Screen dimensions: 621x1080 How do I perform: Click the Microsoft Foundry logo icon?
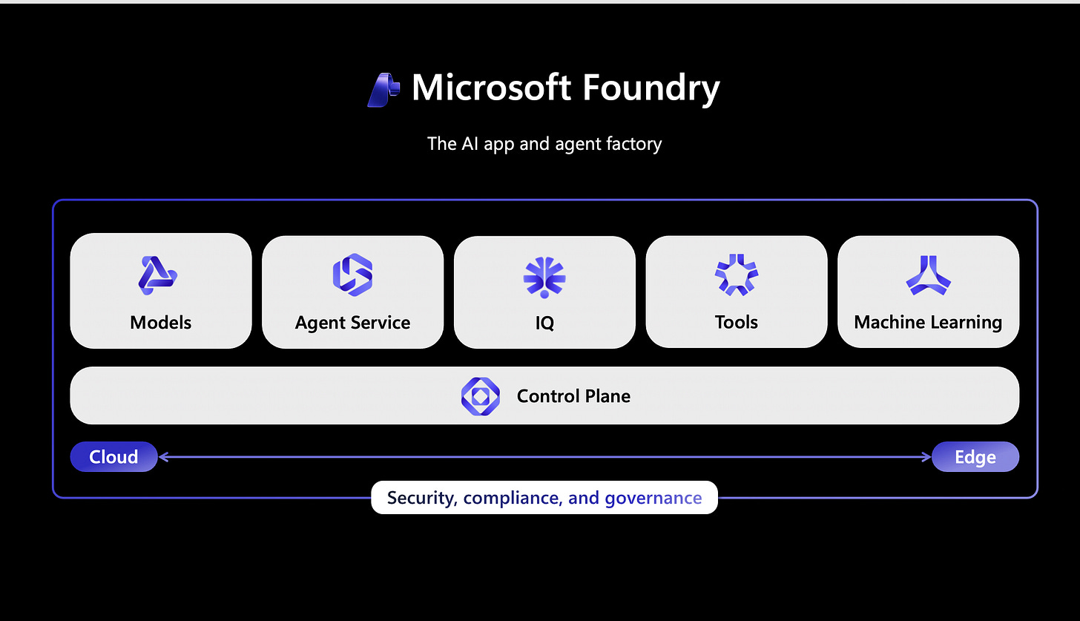(383, 90)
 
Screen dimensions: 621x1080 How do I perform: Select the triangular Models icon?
(158, 275)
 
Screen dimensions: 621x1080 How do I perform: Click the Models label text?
(160, 323)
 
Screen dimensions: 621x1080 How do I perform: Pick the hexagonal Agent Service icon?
(352, 275)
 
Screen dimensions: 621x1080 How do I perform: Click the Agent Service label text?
(352, 323)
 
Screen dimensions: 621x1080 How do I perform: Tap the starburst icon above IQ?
(544, 275)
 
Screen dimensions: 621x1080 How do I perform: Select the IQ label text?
(544, 323)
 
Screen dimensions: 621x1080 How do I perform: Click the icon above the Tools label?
(736, 275)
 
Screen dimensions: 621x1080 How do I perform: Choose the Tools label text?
(736, 323)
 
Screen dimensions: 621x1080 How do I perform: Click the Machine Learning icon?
(928, 275)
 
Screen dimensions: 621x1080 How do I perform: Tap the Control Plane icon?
(480, 396)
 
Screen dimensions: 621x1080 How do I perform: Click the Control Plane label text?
(573, 396)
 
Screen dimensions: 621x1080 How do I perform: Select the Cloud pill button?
(113, 457)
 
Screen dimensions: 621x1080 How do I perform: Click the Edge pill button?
(975, 457)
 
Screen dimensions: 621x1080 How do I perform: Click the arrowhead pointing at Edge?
(926, 457)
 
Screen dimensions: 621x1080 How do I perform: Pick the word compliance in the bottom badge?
(512, 498)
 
